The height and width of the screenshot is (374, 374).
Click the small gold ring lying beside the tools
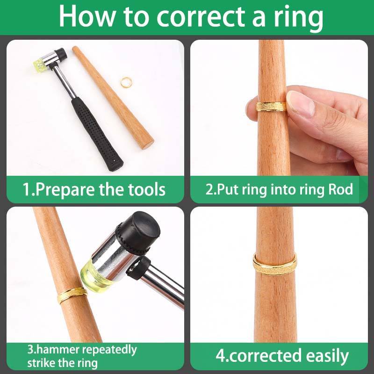126,83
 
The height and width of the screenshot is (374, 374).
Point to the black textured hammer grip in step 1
97,134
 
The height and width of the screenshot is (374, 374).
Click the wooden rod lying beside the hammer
113,97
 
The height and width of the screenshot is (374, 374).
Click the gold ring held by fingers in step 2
271,107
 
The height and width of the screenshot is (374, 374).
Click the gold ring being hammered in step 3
72,295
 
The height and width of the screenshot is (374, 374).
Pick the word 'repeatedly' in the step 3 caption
109,350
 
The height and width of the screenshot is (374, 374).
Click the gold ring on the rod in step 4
275,265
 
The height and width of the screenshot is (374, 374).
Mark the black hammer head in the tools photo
60,55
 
